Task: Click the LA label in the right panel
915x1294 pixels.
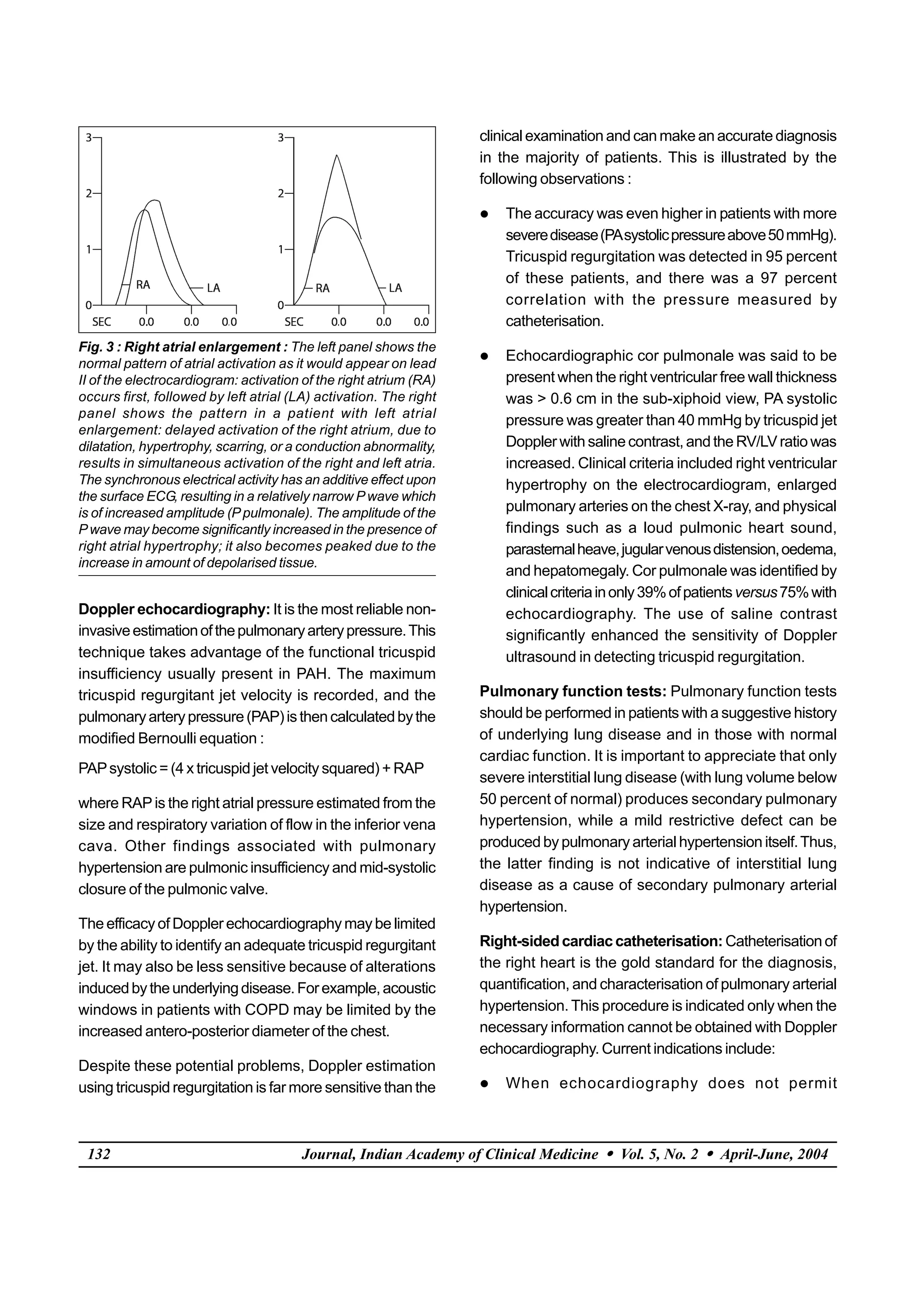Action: pos(395,288)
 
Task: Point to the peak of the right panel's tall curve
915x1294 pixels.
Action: pos(336,155)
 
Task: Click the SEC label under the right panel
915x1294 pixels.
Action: pos(294,322)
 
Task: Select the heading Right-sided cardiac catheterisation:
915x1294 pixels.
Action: pos(601,941)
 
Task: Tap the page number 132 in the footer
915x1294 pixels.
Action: pos(99,1154)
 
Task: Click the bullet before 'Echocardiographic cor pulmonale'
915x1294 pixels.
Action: pos(484,357)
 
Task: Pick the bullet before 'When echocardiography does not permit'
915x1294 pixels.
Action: pos(484,1084)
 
